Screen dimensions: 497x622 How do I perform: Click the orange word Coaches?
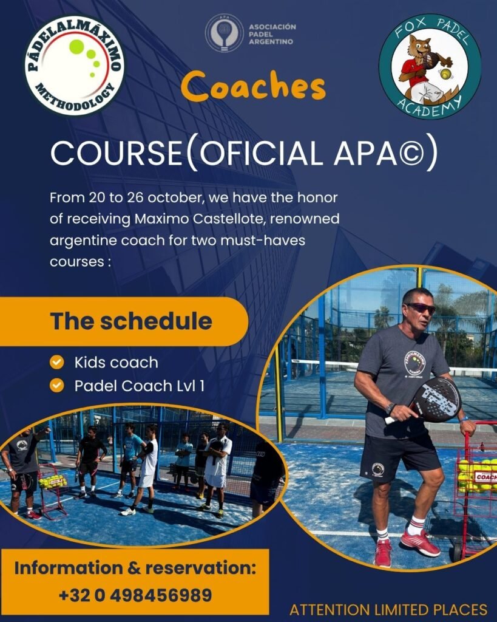click(x=253, y=86)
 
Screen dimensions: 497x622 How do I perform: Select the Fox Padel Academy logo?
click(x=430, y=66)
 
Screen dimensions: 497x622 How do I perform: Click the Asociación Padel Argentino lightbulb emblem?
click(x=224, y=33)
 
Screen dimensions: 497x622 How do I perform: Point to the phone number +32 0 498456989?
click(x=135, y=595)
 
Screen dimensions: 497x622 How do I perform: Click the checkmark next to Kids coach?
click(x=57, y=362)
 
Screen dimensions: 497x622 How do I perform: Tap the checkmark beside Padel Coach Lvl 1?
click(x=57, y=385)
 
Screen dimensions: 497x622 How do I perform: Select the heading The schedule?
click(x=131, y=321)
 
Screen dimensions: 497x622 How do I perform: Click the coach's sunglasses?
click(x=421, y=308)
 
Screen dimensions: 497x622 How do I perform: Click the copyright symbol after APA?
click(x=411, y=154)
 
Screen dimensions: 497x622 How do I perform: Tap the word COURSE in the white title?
click(x=116, y=152)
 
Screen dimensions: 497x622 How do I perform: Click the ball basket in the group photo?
click(x=52, y=490)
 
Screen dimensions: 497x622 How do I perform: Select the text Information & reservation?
click(x=135, y=568)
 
